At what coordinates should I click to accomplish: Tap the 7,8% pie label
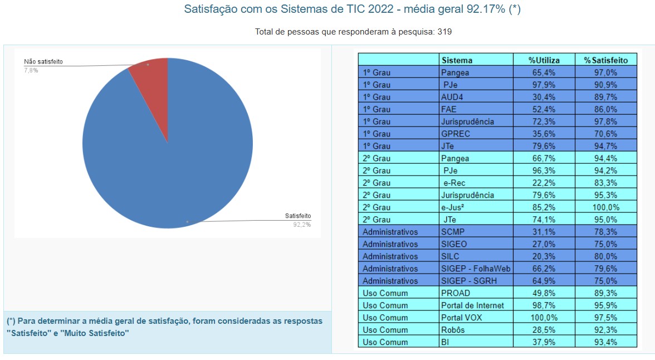tap(31, 70)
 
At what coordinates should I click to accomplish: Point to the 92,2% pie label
tap(302, 224)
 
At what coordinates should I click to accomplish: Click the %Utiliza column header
tap(544, 60)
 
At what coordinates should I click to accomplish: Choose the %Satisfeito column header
tap(605, 60)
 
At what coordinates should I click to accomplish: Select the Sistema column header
tap(457, 60)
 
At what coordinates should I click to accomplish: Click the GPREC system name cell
tap(455, 134)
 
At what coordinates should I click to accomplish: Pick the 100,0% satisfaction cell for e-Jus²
tap(605, 207)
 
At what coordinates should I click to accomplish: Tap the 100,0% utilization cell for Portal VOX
tap(544, 318)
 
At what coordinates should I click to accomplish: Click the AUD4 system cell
tap(452, 97)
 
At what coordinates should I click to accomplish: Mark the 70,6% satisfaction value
tap(605, 134)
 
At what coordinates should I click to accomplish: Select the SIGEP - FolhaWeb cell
tap(475, 269)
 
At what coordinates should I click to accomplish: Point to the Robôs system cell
tap(453, 330)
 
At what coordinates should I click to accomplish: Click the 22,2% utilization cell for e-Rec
tap(544, 183)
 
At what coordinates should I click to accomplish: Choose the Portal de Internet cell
tap(472, 305)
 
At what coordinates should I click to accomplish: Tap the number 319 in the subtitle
tap(444, 32)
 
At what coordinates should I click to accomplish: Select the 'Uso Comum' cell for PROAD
tap(385, 293)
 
